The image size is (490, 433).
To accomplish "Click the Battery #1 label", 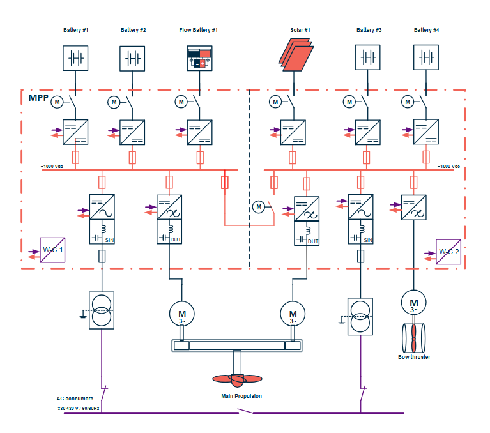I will (75, 30).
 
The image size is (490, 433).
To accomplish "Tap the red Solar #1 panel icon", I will (296, 55).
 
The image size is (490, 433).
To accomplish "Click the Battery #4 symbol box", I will (426, 57).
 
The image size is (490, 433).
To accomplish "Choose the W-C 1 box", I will (52, 250).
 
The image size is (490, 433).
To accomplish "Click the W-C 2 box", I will (448, 252).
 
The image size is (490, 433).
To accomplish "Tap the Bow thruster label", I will (414, 357).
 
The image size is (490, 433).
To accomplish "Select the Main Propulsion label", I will (241, 396).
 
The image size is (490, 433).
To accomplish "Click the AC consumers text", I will (74, 399).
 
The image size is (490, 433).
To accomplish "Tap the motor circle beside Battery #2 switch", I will (114, 102).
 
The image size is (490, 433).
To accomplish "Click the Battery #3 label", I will (369, 30).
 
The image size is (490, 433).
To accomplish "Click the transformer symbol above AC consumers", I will (102, 310).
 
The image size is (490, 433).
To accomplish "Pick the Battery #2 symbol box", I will (133, 57).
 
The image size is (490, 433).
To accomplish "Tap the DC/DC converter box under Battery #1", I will (75, 132).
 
